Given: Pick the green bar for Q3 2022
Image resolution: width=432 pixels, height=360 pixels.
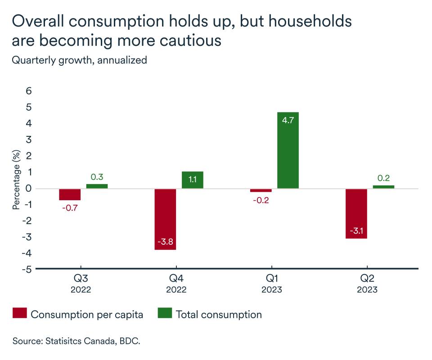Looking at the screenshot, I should point(97,186).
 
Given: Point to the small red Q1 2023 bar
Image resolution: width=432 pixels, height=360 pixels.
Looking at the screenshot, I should point(261,190).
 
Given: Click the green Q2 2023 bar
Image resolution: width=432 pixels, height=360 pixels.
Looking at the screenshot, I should point(383,187).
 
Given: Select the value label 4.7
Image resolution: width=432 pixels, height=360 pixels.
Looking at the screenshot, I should point(288,121).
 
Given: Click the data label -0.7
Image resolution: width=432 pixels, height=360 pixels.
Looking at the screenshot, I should point(70,208).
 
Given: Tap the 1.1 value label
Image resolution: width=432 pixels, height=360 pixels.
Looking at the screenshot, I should point(193,180).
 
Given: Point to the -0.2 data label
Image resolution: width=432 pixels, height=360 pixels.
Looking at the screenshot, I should point(261,200).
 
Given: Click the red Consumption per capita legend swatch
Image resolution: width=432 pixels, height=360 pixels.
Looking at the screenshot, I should point(19,314).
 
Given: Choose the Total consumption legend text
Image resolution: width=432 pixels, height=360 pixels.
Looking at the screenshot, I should point(219,315).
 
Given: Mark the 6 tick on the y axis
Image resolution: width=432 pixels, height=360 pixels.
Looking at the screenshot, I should point(29,91).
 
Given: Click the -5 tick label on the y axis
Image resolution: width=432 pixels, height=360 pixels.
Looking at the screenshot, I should point(27,269).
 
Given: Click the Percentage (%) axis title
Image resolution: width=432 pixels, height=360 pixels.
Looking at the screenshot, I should point(17,180).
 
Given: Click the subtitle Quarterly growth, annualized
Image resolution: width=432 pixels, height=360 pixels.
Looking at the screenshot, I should point(80,60).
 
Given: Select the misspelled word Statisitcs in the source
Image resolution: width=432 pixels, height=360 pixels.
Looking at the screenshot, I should point(64,341).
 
